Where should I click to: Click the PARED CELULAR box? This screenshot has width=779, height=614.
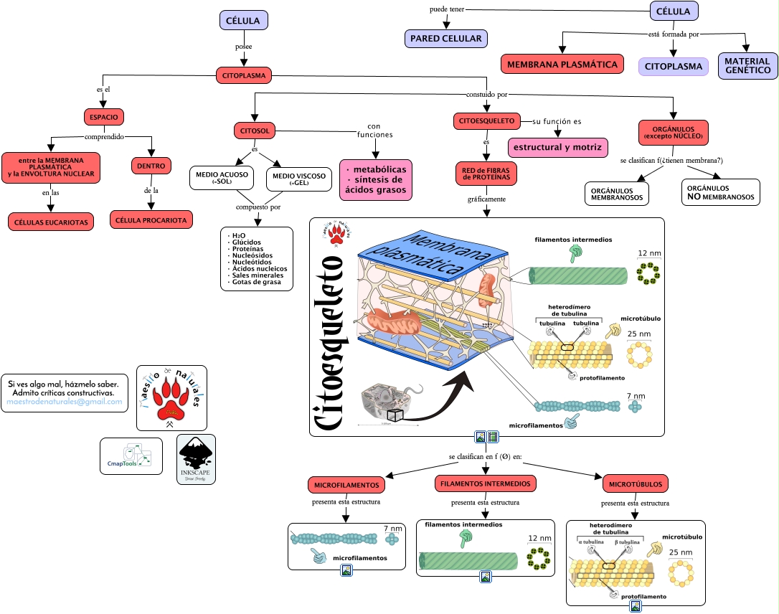pyautogui.click(x=445, y=38)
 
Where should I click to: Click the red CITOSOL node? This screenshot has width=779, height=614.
pyautogui.click(x=255, y=131)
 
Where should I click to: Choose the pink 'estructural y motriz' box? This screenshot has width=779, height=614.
pyautogui.click(x=557, y=147)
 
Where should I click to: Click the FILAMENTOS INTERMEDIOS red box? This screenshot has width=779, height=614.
pyautogui.click(x=486, y=483)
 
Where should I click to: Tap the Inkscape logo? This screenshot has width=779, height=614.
pyautogui.click(x=196, y=459)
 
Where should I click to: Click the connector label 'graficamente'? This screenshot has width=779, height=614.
pyautogui.click(x=486, y=198)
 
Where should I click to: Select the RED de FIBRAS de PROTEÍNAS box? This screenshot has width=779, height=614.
pyautogui.click(x=486, y=172)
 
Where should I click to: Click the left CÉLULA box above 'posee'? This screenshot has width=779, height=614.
pyautogui.click(x=244, y=21)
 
